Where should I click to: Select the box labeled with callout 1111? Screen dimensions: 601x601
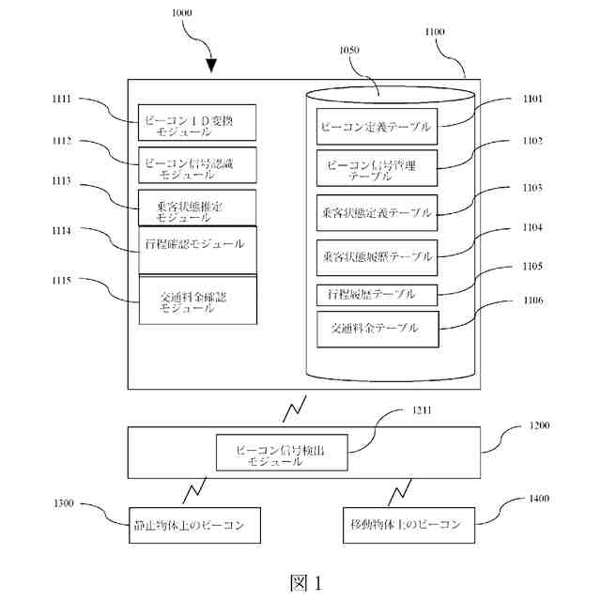tap(196, 122)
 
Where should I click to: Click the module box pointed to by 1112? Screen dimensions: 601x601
tap(196, 165)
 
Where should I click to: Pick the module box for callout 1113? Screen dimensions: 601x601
tap(196, 207)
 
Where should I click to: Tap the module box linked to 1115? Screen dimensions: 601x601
tap(196, 300)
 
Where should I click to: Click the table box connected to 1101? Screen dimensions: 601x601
tap(375, 126)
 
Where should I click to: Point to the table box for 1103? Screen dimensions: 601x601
tap(375, 212)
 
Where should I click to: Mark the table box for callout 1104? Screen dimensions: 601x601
tap(375, 255)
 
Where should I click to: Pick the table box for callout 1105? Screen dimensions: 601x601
tap(375, 294)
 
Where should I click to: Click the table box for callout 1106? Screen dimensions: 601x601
tap(375, 330)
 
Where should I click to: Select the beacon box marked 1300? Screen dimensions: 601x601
tap(194, 523)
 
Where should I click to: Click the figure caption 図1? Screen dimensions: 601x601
tap(304, 582)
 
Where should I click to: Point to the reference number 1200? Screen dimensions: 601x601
tap(539, 425)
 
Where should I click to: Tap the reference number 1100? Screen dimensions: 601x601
tap(436, 32)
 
